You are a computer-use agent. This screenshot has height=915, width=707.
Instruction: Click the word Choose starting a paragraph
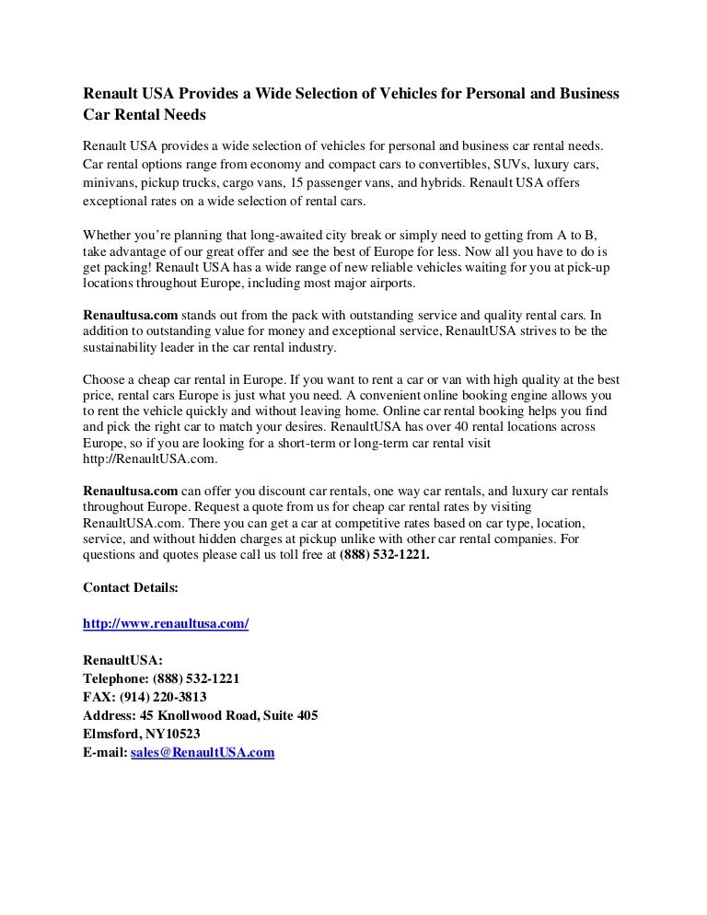pyautogui.click(x=103, y=379)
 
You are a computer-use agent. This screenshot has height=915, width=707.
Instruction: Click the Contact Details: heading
pyautogui.click(x=131, y=587)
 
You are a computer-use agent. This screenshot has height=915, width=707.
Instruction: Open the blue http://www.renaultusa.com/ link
pyautogui.click(x=166, y=623)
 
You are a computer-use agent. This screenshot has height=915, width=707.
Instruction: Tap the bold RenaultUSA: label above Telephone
pyautogui.click(x=122, y=660)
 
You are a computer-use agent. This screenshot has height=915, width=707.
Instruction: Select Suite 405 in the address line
pyautogui.click(x=290, y=715)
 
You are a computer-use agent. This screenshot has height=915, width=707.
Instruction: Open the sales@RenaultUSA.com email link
pyautogui.click(x=203, y=752)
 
